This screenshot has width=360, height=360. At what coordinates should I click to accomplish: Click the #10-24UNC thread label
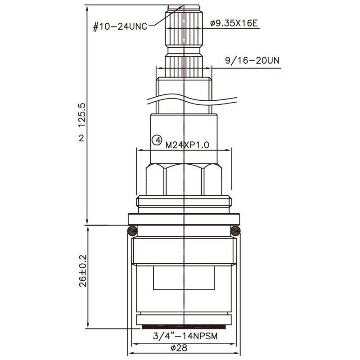coord(120,27)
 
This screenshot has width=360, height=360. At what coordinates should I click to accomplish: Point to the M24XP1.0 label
coord(189,145)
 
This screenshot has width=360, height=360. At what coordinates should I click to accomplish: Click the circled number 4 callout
coord(157,140)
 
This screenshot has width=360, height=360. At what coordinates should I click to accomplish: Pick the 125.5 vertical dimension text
coord(81,115)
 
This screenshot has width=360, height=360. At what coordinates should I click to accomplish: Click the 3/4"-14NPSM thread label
coord(185,336)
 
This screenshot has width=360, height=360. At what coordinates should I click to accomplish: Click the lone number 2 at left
coord(81,138)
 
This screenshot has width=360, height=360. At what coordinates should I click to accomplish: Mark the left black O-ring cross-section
coord(131,231)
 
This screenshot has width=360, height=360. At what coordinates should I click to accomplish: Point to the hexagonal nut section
coord(184,180)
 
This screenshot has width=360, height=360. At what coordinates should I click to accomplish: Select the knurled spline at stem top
coord(184,27)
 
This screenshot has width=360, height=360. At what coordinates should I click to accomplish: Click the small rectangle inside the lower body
coord(184,277)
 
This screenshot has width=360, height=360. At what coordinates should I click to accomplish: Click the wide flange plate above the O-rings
coord(184,219)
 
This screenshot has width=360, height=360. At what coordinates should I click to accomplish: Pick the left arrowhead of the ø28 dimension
coord(131,352)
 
